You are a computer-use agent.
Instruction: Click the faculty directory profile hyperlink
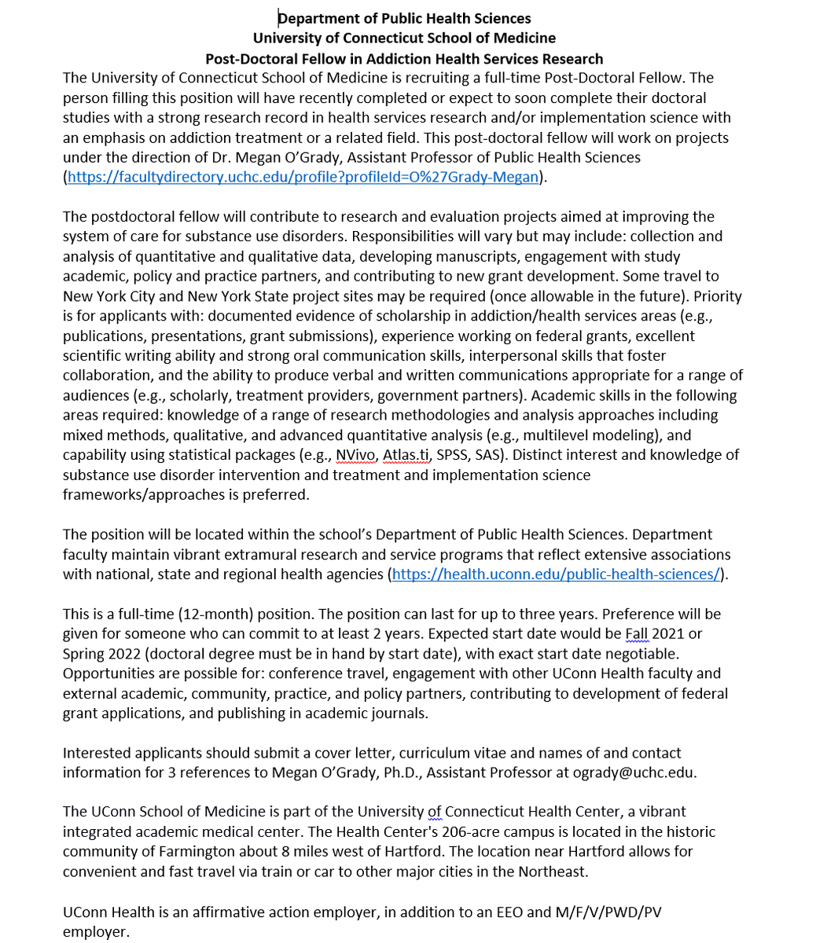303,178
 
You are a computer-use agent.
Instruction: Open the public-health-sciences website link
555,574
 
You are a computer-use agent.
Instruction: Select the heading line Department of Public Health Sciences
404,18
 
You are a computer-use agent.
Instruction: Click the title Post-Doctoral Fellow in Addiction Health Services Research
404,59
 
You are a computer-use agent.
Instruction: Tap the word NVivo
355,455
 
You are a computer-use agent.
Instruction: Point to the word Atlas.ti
406,455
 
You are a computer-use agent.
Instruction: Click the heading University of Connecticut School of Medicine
404,39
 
